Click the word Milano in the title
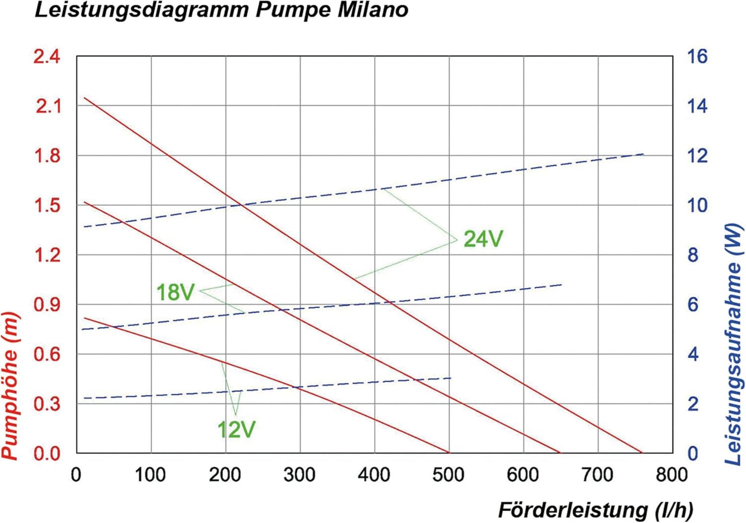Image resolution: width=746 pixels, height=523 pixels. coord(373,10)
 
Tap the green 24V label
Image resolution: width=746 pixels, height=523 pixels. coord(483,239)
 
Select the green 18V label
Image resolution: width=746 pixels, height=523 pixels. coord(175,292)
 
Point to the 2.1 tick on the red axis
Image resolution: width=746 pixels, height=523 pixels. coord(47,106)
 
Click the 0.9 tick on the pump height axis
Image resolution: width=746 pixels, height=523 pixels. coord(47,305)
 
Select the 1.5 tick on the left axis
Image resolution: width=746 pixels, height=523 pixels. coord(47,205)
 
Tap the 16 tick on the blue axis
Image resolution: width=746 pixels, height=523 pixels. coord(697,57)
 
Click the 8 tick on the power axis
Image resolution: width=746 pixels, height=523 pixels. coord(693,255)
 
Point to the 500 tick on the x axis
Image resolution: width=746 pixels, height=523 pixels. coord(448,475)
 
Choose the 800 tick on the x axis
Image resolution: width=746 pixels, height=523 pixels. coord(671,475)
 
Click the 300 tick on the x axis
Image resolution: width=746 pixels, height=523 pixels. coord(299,475)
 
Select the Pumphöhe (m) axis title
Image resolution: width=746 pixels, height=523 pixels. coord(11,385)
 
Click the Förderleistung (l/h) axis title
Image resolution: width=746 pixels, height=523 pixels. coord(595,510)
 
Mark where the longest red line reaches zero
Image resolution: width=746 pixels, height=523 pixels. coord(642,453)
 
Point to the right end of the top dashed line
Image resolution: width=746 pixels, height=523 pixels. coord(644,154)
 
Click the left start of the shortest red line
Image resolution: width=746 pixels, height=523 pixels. coord(85,318)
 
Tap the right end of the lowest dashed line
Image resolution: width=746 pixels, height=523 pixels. coord(451,378)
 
